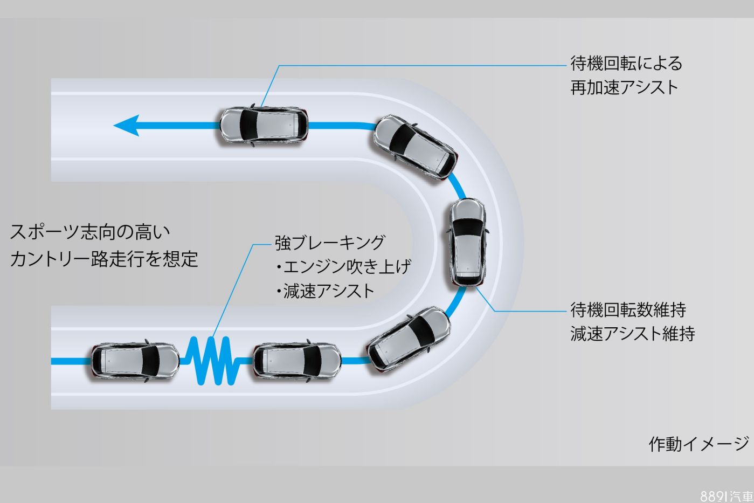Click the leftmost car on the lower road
135,361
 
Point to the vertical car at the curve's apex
467,242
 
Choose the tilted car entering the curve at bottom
409,339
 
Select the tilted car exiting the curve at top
414,146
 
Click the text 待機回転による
626,64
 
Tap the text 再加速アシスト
624,87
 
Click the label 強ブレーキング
330,243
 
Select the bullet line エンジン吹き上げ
343,267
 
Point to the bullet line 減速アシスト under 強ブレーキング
325,291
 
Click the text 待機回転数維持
628,310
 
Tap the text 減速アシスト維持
632,334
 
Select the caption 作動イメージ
698,444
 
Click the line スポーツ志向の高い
90,232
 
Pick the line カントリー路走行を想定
104,259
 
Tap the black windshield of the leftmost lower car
151,361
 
